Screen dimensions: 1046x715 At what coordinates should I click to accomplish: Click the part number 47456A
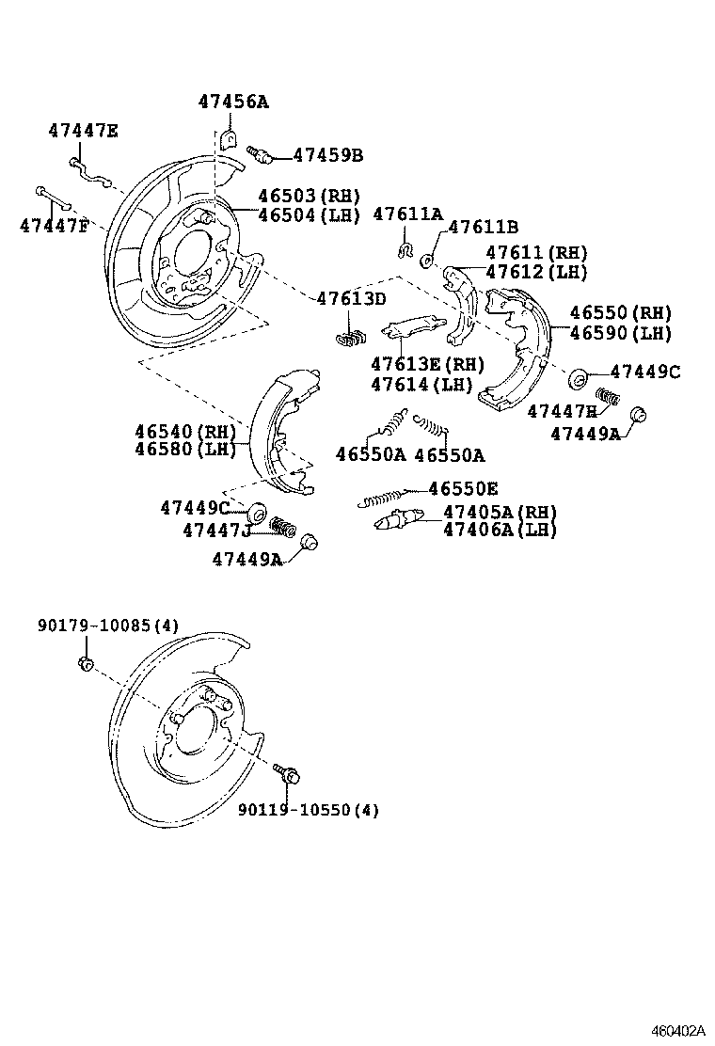tap(232, 103)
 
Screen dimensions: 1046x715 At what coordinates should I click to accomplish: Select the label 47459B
tap(327, 155)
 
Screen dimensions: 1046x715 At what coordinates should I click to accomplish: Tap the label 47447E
tap(83, 131)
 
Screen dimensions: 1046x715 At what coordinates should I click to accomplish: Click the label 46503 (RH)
tap(309, 197)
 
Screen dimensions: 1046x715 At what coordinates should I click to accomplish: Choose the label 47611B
tap(483, 227)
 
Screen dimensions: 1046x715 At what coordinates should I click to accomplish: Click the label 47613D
tap(350, 299)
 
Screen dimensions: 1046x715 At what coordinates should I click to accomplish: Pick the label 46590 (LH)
tap(620, 333)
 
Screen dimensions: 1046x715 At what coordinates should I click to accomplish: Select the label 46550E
tap(463, 488)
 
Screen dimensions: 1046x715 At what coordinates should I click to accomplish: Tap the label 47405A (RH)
tap(500, 512)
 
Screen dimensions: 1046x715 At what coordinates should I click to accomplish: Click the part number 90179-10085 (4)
tap(108, 626)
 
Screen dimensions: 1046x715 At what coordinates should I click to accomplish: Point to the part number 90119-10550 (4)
tap(308, 809)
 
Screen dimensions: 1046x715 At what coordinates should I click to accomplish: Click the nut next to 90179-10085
tap(85, 665)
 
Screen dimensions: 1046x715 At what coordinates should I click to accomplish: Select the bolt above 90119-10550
tap(288, 773)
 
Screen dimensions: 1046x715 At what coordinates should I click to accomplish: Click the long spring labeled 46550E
tap(380, 498)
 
